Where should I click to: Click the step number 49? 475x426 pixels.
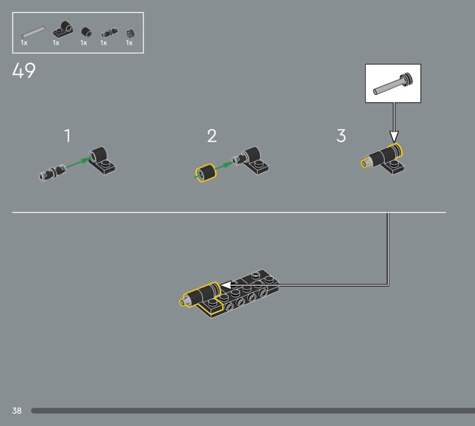pos(24,71)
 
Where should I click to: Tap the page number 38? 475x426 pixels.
pos(17,411)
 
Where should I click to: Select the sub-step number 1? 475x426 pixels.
pos(68,136)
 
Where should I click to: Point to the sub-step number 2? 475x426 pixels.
pos(212,136)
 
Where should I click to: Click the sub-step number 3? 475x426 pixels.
pos(341,136)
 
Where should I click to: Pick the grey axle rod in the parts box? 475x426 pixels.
pos(33,32)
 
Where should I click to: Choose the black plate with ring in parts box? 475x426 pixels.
pos(64,29)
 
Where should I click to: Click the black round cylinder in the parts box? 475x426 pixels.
pos(87,32)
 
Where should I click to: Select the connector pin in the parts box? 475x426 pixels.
pos(110,32)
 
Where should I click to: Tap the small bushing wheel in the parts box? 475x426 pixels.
pos(130,33)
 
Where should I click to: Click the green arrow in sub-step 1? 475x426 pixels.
pos(78,163)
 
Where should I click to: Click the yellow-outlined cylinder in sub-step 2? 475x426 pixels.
pos(205,173)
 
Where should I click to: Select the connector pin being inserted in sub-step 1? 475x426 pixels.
pos(52,172)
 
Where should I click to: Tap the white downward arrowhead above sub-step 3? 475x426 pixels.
pos(394,136)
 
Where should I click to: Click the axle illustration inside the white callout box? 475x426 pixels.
pos(393,84)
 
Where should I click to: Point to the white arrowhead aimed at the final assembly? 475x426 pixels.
pos(226,285)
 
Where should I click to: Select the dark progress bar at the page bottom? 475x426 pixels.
pos(253,411)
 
